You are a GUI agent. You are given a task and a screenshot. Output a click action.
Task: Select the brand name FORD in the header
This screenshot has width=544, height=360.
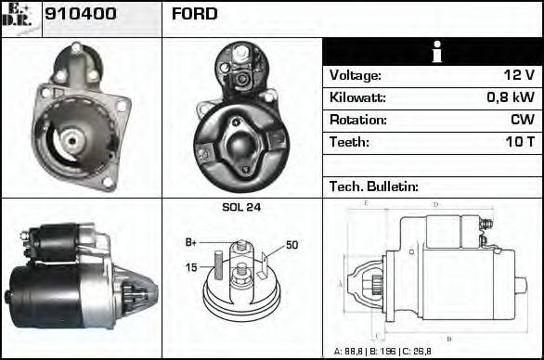click(x=195, y=15)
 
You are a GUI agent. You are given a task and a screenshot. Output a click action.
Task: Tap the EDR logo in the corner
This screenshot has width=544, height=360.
click(x=20, y=18)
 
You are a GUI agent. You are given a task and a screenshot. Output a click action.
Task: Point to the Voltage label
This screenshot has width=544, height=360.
click(x=355, y=76)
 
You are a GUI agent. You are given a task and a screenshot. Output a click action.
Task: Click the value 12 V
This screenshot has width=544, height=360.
click(x=516, y=76)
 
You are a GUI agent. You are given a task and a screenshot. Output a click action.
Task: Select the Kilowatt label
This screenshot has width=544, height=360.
click(x=357, y=98)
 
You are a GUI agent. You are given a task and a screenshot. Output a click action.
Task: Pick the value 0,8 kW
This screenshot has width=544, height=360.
click(x=510, y=98)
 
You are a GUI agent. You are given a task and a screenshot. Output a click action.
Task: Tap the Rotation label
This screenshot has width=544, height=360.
click(x=357, y=121)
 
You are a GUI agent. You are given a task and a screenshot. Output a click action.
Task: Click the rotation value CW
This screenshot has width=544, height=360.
click(x=523, y=121)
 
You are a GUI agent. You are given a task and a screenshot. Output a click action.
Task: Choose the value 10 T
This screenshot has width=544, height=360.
click(x=519, y=143)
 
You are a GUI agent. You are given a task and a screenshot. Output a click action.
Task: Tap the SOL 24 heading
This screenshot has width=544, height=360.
click(x=241, y=208)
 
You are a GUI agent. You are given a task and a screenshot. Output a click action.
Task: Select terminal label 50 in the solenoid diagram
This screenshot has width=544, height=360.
click(x=291, y=245)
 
